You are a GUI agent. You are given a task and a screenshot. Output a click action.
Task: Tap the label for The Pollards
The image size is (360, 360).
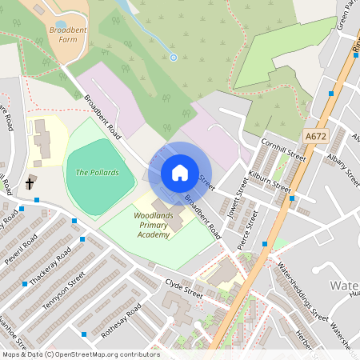tap(97, 172)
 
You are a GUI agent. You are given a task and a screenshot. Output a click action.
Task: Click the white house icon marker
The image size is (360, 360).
tap(180, 173)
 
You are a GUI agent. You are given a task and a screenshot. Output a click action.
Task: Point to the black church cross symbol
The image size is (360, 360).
tap(30, 183)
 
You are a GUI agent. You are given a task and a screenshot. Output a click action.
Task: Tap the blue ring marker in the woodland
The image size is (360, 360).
tap(174, 57)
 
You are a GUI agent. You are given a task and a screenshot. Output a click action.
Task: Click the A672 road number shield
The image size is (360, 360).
tap(316, 137)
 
